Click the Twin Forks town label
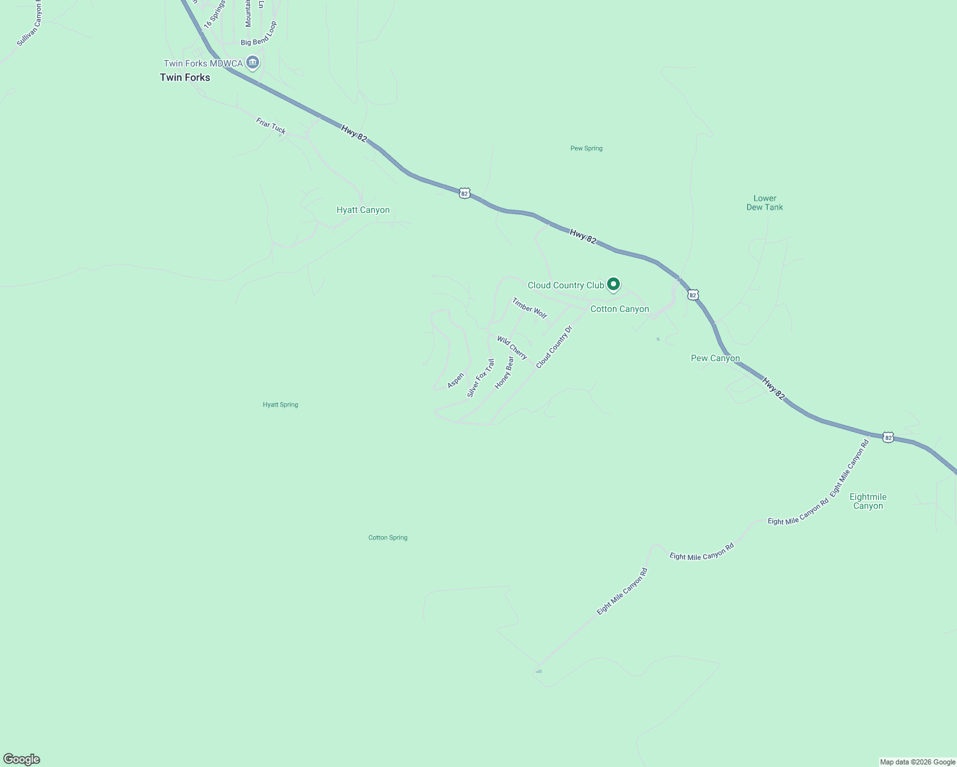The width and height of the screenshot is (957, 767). (x=185, y=77)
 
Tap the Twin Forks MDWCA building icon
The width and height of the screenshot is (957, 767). (x=253, y=63)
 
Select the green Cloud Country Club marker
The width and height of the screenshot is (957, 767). (x=613, y=284)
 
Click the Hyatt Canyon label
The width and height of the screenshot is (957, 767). (x=363, y=210)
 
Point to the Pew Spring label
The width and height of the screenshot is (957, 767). (x=586, y=148)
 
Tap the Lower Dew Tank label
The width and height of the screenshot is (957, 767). (x=764, y=203)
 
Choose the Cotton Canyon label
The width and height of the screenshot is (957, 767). (x=619, y=309)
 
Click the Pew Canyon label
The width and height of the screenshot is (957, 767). (x=715, y=358)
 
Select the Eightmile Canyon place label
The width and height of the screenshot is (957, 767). (x=867, y=501)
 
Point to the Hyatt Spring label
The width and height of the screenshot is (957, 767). (x=280, y=405)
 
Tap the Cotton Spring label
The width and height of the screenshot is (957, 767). (x=388, y=538)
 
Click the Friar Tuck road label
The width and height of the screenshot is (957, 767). (x=271, y=126)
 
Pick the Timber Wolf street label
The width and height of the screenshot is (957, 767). (x=530, y=308)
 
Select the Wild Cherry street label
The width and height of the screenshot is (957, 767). (x=512, y=348)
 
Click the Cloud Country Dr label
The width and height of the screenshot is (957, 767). (x=554, y=347)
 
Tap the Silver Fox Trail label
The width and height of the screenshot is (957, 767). (x=480, y=378)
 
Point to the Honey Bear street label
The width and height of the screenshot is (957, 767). (x=504, y=373)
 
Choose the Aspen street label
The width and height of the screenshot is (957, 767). (x=455, y=380)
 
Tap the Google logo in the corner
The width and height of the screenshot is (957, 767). (x=22, y=759)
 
